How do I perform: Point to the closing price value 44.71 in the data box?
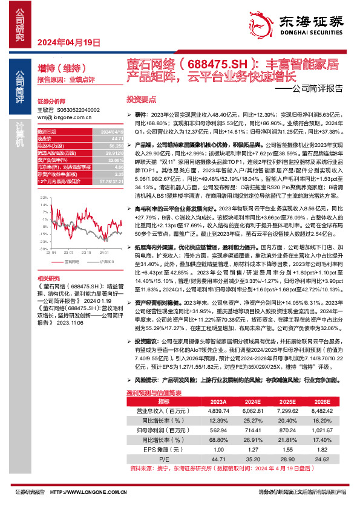click(x=106, y=139)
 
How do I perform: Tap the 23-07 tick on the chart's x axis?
click(x=69, y=252)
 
